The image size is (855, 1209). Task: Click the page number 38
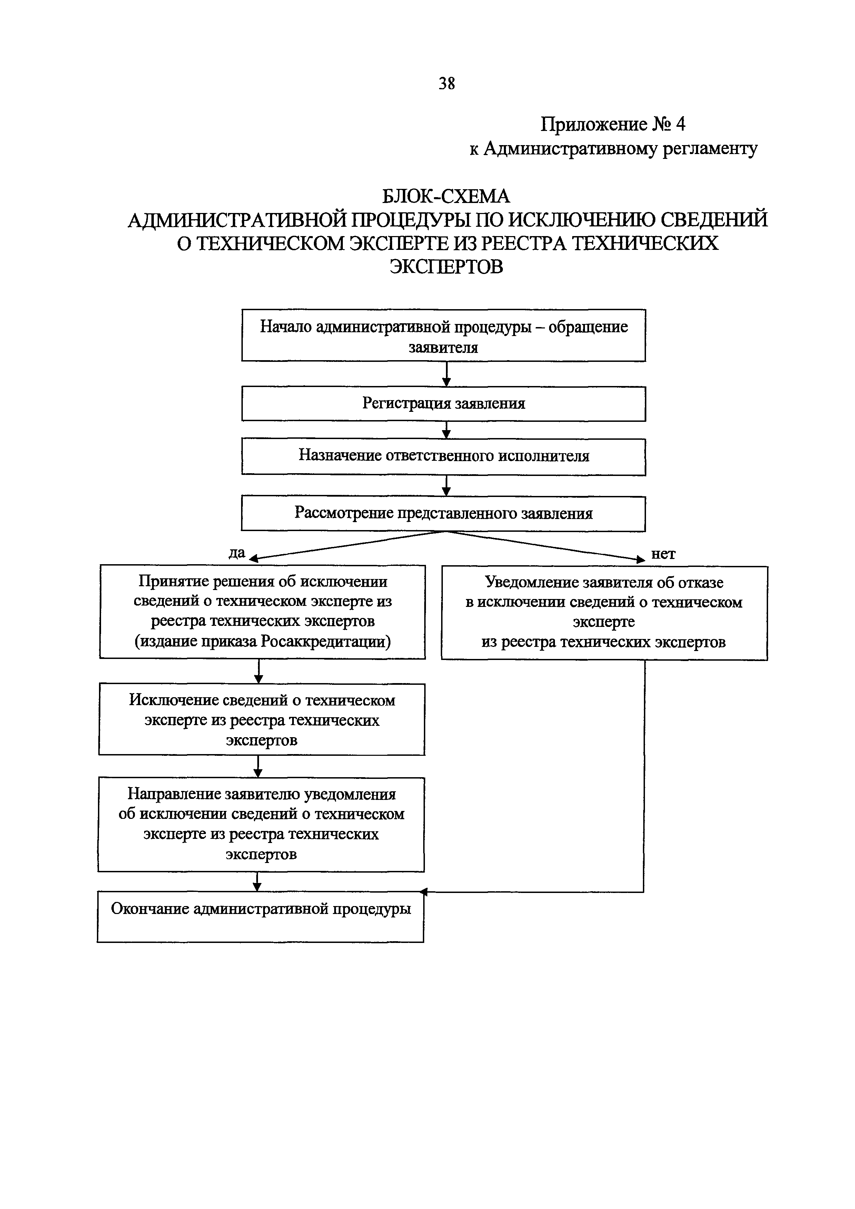tap(446, 83)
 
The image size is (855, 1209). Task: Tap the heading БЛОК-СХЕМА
tap(446, 196)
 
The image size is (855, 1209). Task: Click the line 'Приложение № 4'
tap(613, 124)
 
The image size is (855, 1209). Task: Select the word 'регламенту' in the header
tap(709, 149)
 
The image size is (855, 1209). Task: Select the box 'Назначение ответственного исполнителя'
tap(444, 456)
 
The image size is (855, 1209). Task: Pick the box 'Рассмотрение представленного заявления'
tap(444, 514)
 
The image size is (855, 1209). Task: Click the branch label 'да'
tap(237, 552)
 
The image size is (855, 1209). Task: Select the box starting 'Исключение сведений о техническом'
tap(262, 719)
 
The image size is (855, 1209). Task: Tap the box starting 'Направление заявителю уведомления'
tap(261, 824)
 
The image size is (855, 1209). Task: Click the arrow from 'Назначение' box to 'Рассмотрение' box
tap(446, 486)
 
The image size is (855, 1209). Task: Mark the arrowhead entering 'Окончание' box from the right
tap(425, 892)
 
